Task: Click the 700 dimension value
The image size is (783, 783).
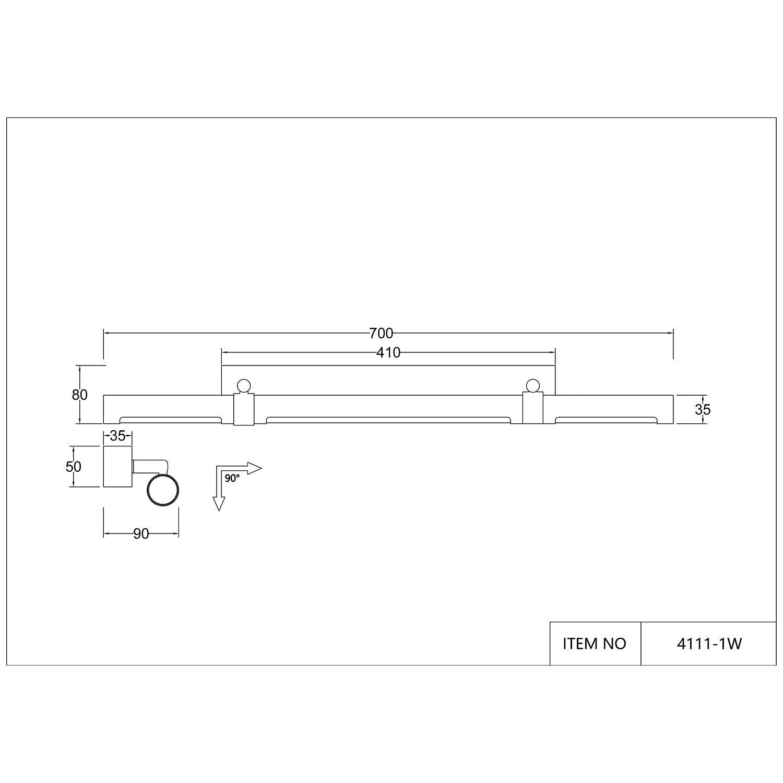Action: [381, 333]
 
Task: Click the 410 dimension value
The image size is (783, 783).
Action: [388, 353]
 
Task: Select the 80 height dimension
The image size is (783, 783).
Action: [80, 395]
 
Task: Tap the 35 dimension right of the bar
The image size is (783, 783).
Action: [703, 410]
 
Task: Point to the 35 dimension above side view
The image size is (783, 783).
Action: [118, 435]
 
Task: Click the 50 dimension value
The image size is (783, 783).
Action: [74, 466]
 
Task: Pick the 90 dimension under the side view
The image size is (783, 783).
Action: [141, 534]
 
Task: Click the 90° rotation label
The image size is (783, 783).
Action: [232, 478]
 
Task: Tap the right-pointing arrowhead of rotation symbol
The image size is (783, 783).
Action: [254, 468]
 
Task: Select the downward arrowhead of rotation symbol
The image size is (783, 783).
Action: [219, 504]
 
